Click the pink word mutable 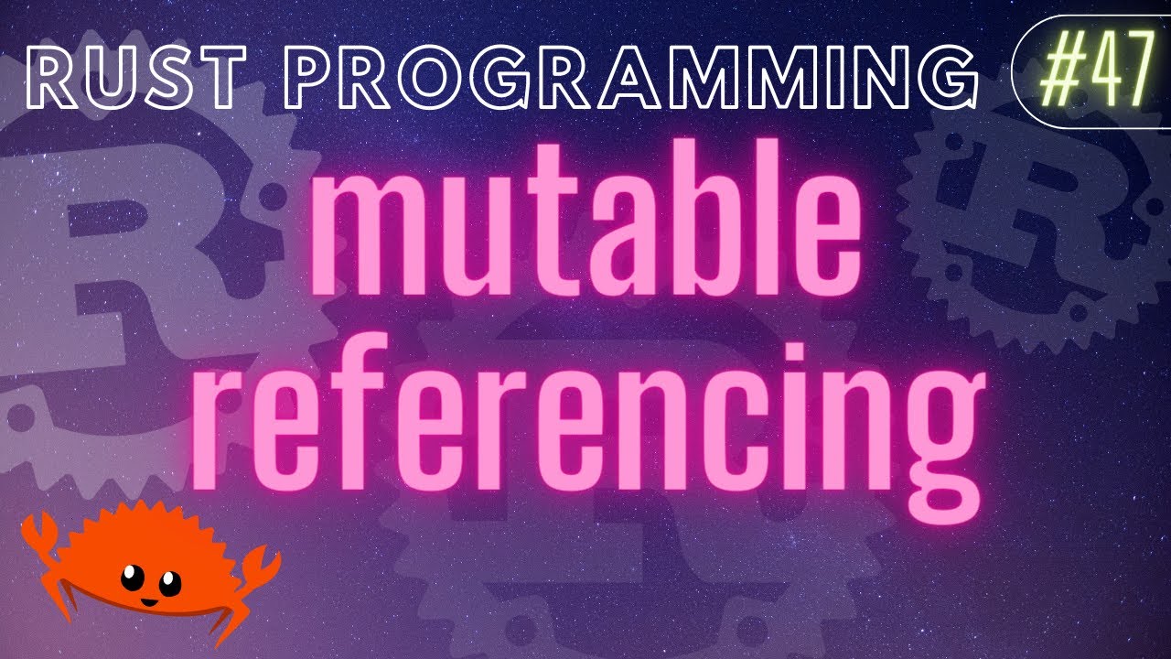tap(585, 233)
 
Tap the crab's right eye tap(170, 580)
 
